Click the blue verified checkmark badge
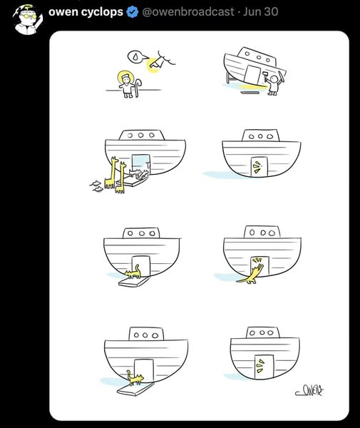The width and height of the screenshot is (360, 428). pos(133,12)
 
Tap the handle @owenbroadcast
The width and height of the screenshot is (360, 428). pos(188,11)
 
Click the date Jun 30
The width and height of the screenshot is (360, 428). pos(260,11)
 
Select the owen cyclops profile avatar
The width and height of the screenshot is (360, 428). pos(27,20)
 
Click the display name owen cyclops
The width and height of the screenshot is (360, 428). pos(86,12)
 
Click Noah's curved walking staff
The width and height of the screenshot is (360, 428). pos(138,87)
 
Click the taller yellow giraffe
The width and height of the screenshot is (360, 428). pos(110,173)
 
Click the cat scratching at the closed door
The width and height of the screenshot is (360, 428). pos(251,273)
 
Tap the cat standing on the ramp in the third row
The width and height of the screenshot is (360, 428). pos(133,272)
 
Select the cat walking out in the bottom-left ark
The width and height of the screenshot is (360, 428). pos(135,377)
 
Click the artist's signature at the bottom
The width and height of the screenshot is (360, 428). pos(309,391)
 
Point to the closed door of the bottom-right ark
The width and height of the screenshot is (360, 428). pos(264,367)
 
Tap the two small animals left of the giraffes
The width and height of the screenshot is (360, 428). pos(96,186)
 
